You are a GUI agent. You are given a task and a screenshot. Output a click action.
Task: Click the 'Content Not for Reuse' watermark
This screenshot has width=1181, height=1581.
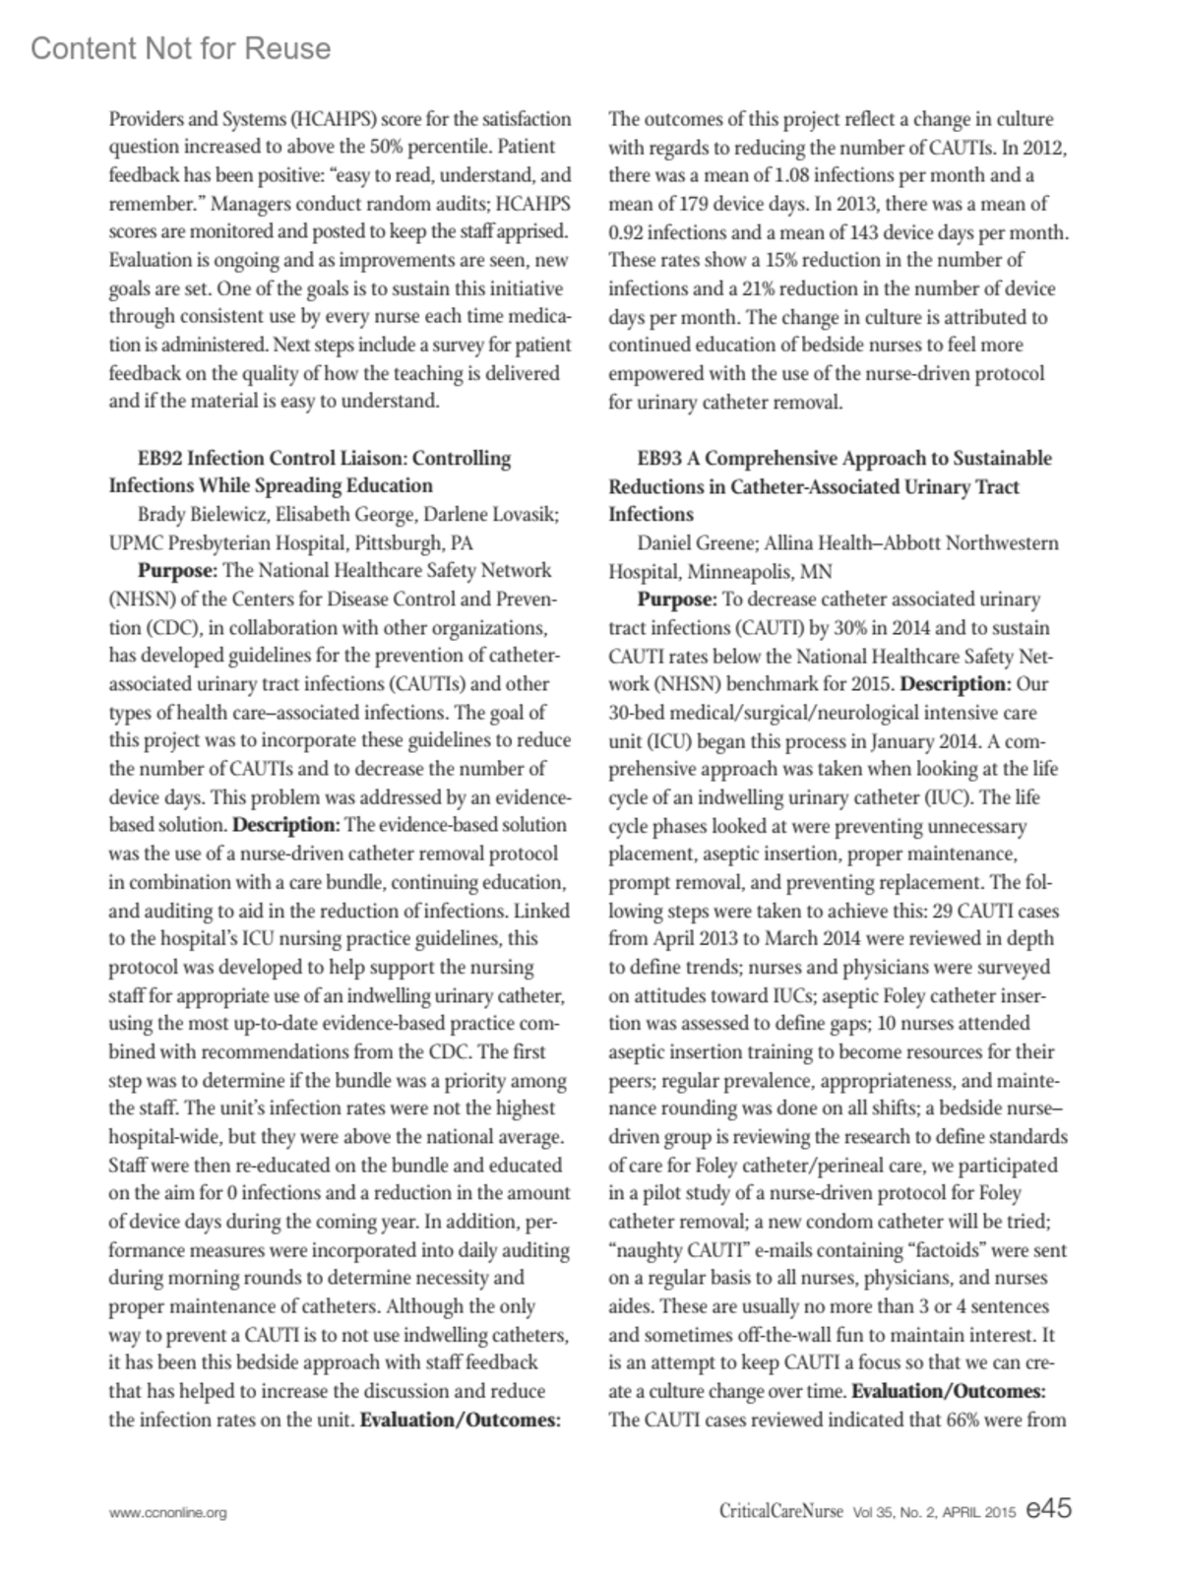click(x=181, y=49)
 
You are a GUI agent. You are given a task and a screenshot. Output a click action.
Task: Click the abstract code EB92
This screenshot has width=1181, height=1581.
click(x=160, y=459)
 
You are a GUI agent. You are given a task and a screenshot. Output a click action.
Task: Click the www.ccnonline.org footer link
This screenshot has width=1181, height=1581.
click(x=167, y=1513)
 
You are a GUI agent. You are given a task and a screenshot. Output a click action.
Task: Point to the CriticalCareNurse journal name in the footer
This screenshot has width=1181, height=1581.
click(x=780, y=1511)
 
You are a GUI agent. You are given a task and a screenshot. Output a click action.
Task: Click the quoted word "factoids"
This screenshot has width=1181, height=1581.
click(x=949, y=1251)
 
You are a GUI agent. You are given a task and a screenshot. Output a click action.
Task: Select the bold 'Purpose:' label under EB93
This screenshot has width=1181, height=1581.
click(x=677, y=600)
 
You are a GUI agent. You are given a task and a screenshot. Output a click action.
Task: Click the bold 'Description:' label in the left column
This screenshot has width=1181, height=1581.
click(x=286, y=825)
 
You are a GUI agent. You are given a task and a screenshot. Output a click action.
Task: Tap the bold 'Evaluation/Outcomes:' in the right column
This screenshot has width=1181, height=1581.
click(x=948, y=1392)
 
